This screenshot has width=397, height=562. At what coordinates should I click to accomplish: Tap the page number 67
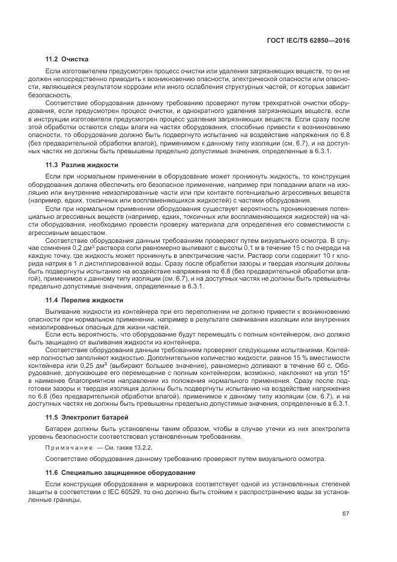(x=345, y=513)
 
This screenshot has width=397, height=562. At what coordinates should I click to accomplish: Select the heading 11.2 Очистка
(x=67, y=60)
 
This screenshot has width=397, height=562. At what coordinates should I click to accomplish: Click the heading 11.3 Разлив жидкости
(x=82, y=165)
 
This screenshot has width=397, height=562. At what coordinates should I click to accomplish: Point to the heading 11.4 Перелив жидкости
(x=85, y=300)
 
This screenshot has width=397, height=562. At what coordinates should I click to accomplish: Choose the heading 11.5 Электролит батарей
(x=86, y=417)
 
